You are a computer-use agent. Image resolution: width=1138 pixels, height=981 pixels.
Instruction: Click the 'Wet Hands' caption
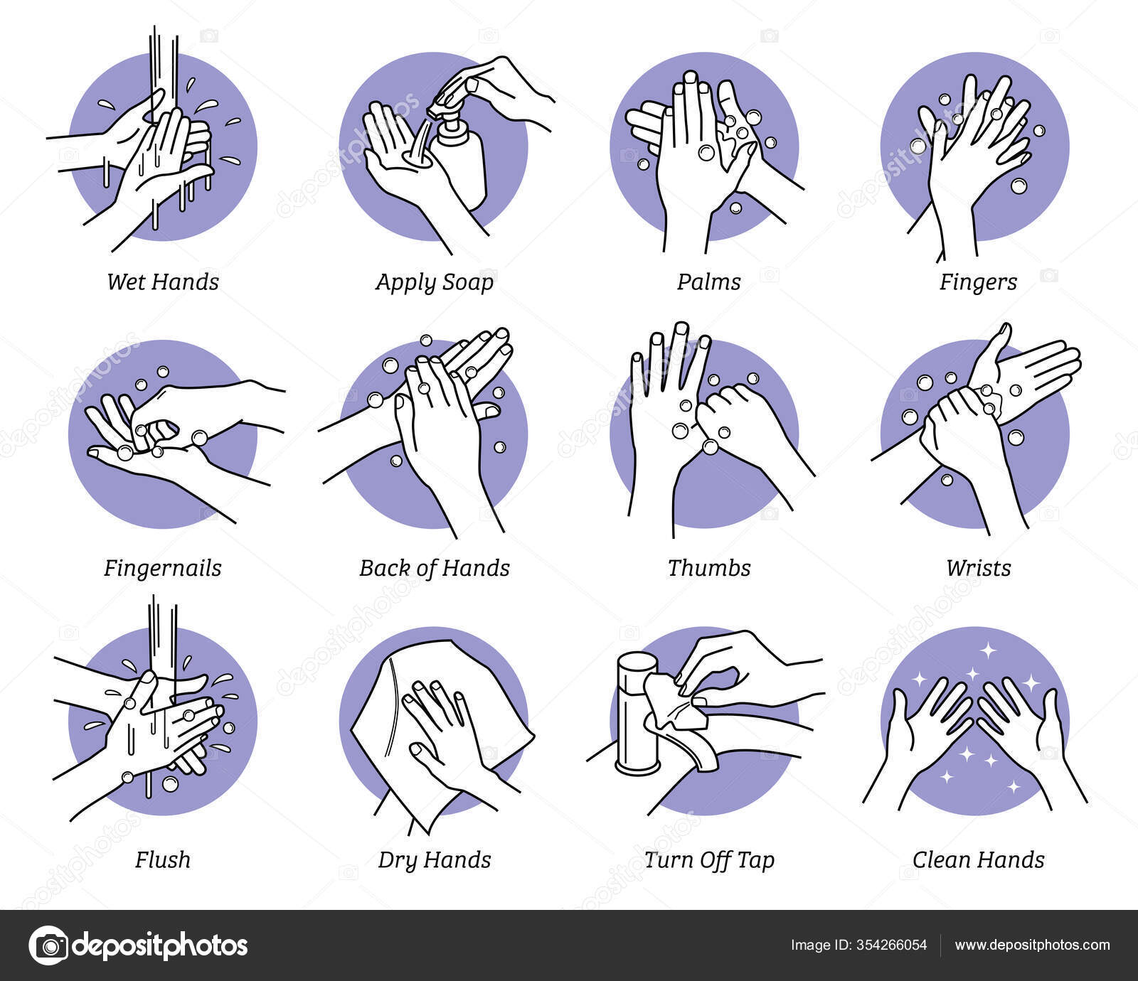click(x=163, y=282)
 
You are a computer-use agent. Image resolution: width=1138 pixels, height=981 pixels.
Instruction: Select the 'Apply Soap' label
click(x=435, y=283)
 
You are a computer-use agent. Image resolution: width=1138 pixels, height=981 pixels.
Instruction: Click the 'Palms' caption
click(x=709, y=282)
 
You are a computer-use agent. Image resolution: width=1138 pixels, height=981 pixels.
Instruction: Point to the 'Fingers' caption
click(x=978, y=283)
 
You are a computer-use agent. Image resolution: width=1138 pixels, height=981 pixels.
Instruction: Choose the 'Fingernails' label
click(x=163, y=569)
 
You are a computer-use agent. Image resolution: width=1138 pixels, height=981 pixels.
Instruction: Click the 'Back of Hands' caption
click(x=435, y=568)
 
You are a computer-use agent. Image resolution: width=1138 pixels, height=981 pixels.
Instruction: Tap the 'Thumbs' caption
click(x=709, y=568)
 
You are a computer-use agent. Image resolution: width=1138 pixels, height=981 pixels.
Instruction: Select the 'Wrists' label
click(x=978, y=568)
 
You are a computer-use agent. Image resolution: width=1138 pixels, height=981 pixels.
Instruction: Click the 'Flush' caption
click(x=163, y=859)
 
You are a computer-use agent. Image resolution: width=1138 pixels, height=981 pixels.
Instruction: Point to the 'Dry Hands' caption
click(x=435, y=861)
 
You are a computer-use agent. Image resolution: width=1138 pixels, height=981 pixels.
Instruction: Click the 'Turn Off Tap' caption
click(x=709, y=861)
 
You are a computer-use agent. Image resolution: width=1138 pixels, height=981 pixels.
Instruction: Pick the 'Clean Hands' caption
click(x=978, y=859)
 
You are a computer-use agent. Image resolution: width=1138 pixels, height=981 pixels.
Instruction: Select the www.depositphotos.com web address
click(x=1032, y=945)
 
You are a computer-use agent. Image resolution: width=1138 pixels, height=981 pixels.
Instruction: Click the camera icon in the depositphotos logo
click(x=48, y=945)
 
